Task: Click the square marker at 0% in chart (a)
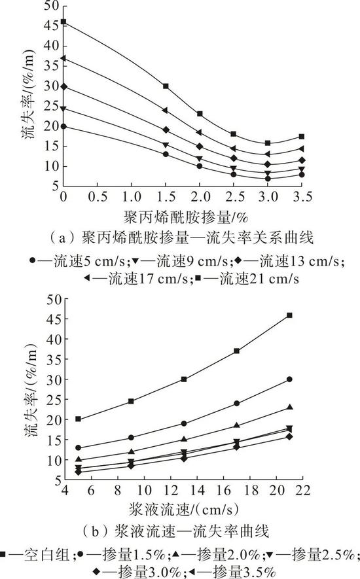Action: (x=63, y=22)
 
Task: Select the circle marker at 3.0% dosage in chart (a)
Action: (x=268, y=179)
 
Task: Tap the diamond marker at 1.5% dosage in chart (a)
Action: (x=166, y=130)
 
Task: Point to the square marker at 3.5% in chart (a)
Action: (x=302, y=137)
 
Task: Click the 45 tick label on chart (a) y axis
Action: (x=51, y=26)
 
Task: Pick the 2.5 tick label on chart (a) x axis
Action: (x=234, y=196)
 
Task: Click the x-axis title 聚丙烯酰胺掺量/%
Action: (x=185, y=217)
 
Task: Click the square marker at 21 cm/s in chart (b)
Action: (x=289, y=315)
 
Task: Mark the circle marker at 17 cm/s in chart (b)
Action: (x=236, y=404)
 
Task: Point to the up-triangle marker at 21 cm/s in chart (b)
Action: (x=290, y=407)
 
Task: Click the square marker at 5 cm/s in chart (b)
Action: (x=78, y=419)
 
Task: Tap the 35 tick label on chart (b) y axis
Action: (x=54, y=359)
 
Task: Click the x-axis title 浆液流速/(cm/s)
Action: (x=184, y=510)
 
